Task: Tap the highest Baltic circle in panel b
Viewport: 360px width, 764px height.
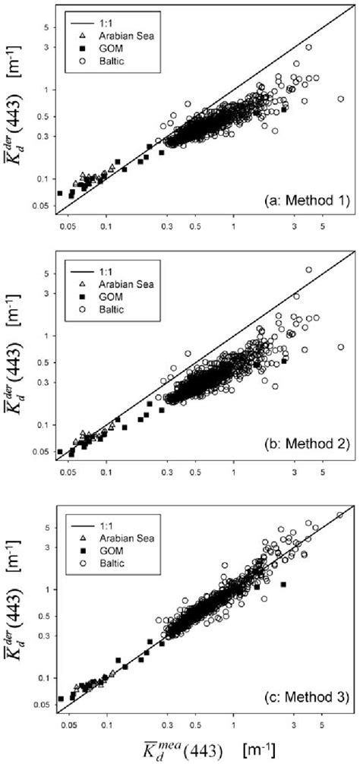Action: [x=308, y=270]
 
